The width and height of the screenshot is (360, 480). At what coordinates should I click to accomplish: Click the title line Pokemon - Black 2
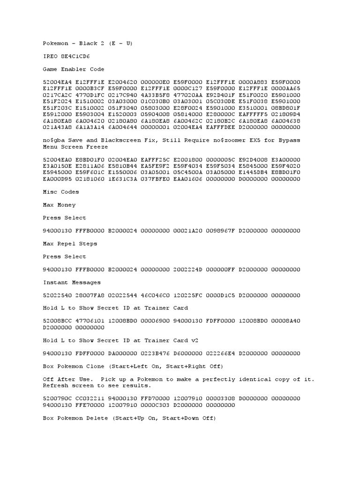pyautogui.click(x=88, y=43)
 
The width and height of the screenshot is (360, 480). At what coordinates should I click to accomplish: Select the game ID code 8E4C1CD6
pyautogui.click(x=75, y=56)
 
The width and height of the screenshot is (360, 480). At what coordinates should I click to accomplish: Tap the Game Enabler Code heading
pyautogui.click(x=74, y=69)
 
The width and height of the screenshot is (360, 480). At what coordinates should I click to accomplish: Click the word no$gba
pyautogui.click(x=54, y=140)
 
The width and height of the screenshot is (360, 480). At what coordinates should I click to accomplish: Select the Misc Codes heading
pyautogui.click(x=61, y=192)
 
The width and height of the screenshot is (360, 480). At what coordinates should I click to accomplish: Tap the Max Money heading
pyautogui.click(x=59, y=205)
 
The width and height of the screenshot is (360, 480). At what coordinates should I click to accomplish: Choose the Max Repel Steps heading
pyautogui.click(x=70, y=244)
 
